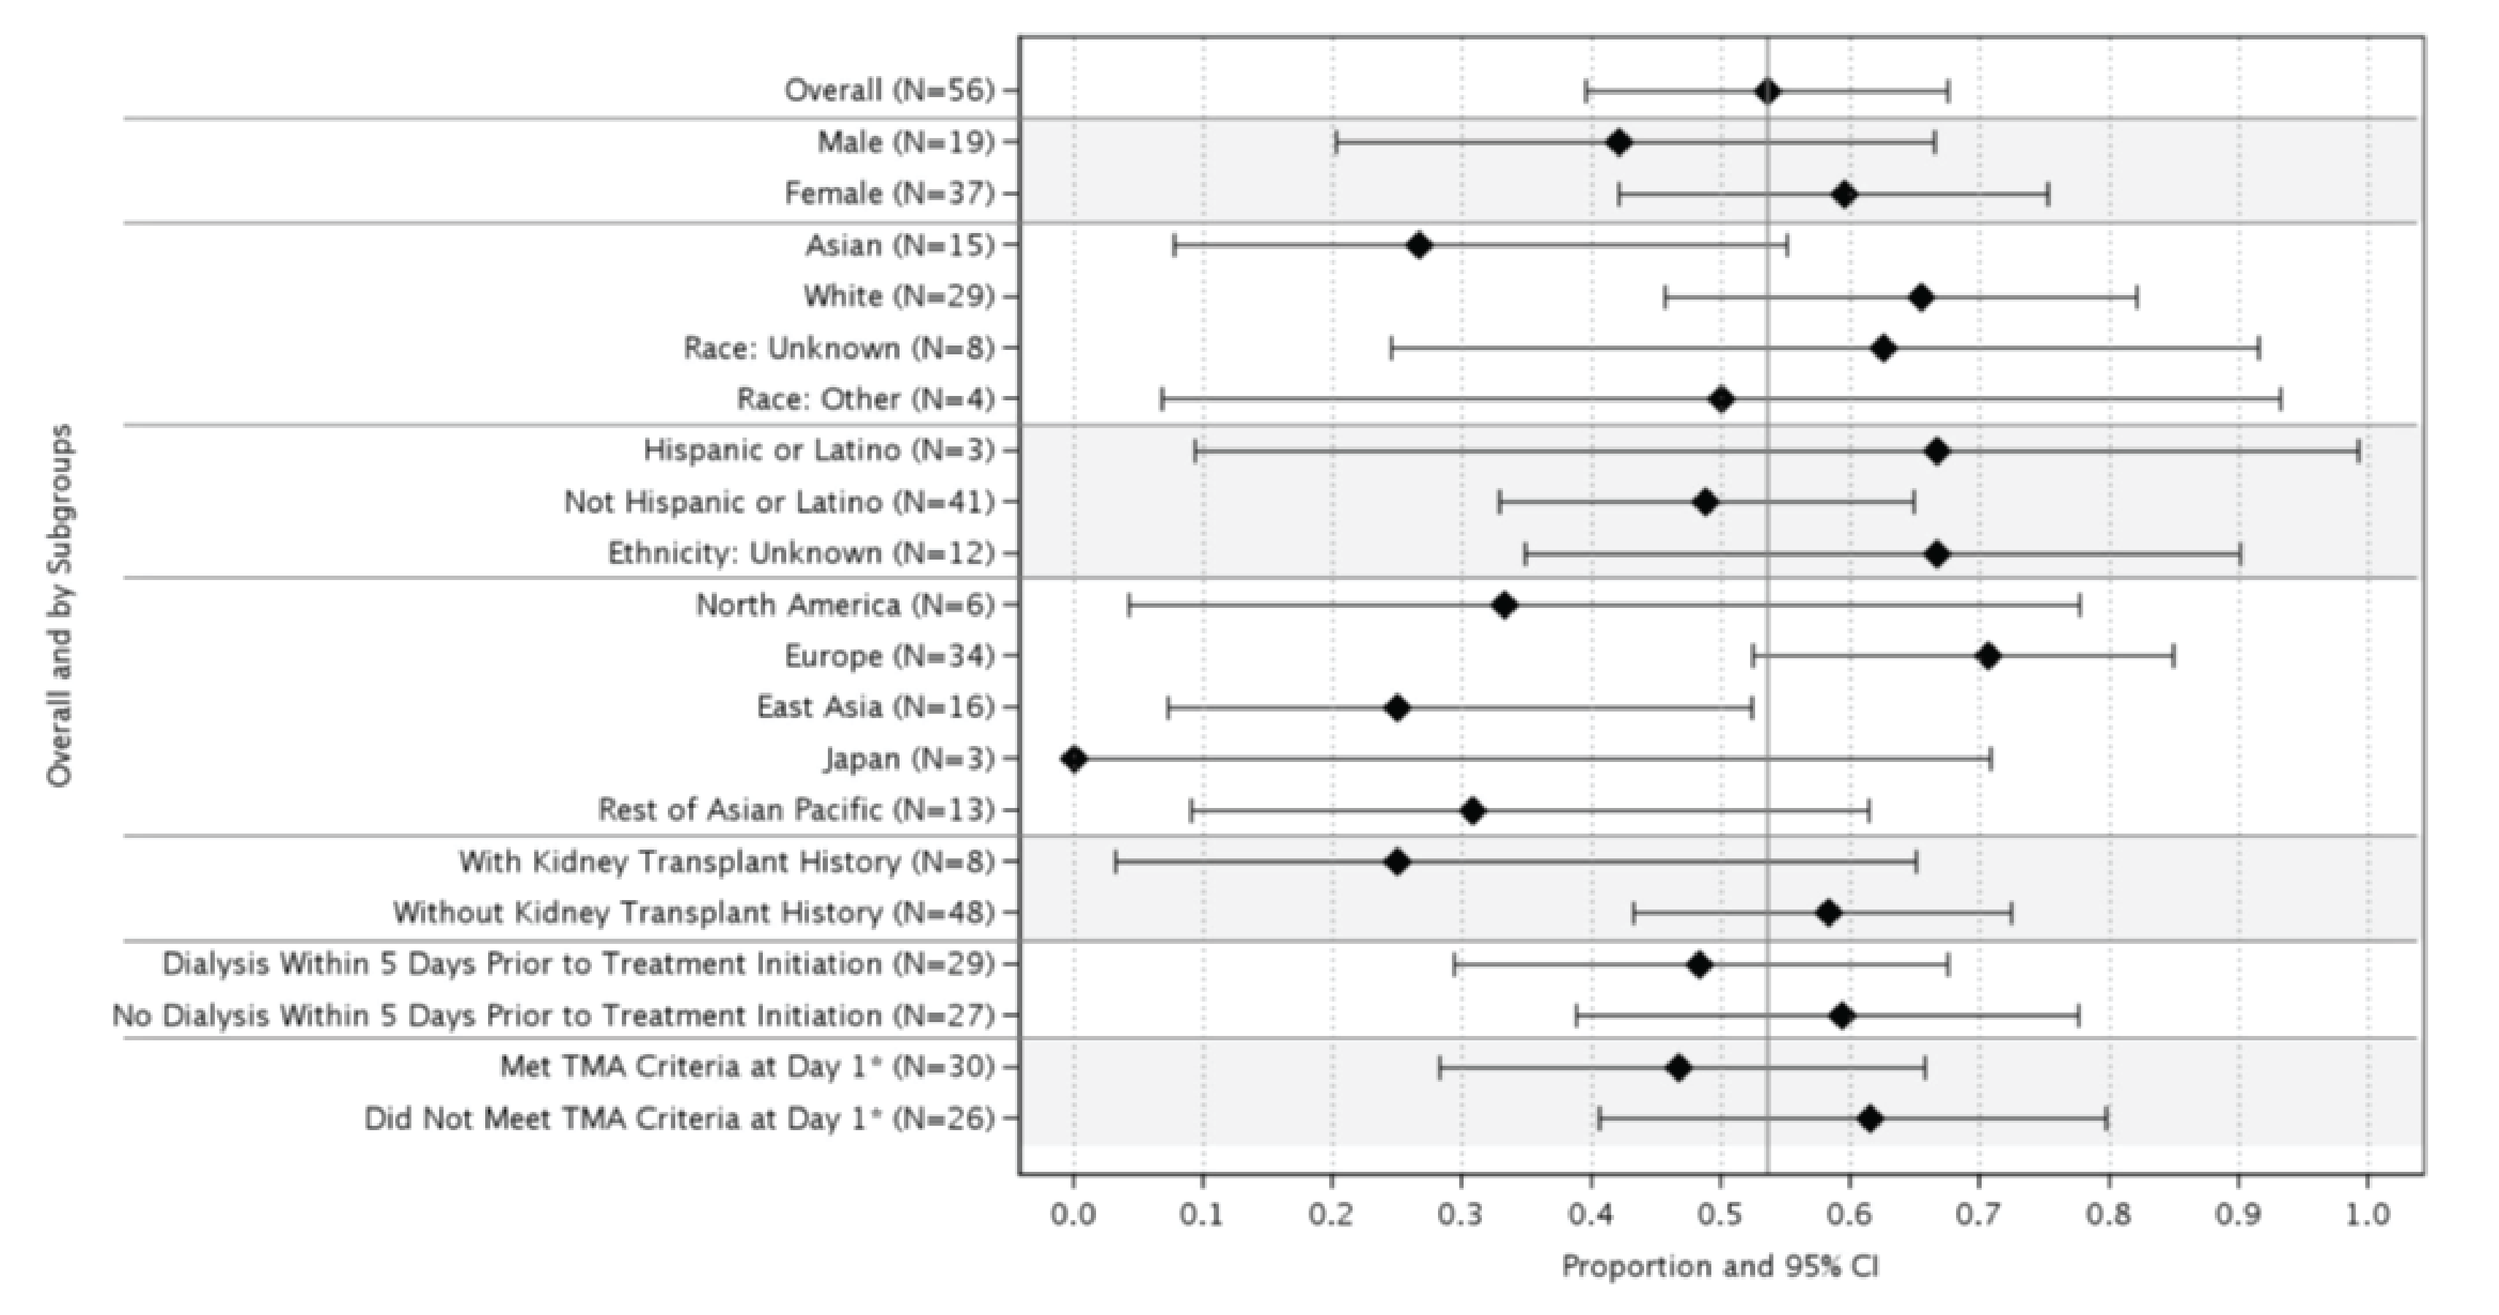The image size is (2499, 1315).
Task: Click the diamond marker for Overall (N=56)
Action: (x=1768, y=92)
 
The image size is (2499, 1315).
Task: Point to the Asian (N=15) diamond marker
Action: (x=1418, y=245)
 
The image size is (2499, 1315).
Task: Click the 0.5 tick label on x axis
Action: (x=1720, y=1214)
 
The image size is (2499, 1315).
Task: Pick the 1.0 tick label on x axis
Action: (x=2367, y=1214)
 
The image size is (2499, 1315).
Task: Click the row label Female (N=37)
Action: (x=889, y=194)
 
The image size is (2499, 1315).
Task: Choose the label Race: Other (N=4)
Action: (x=865, y=400)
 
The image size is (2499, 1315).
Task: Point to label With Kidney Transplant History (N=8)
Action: (x=726, y=862)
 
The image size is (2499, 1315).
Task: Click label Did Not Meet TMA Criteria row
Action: (x=679, y=1119)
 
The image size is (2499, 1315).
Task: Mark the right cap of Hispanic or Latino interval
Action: (x=2358, y=451)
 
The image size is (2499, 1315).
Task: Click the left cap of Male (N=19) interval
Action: (x=1336, y=143)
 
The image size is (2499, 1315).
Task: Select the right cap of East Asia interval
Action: (x=1751, y=708)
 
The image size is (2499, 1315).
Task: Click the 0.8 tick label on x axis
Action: (x=2108, y=1214)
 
